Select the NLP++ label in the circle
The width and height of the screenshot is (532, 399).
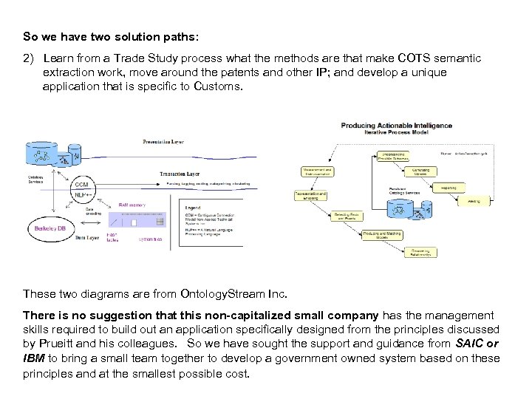[x=83, y=194]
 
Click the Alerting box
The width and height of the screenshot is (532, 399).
[x=474, y=199]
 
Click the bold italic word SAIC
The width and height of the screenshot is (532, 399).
[x=467, y=343]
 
